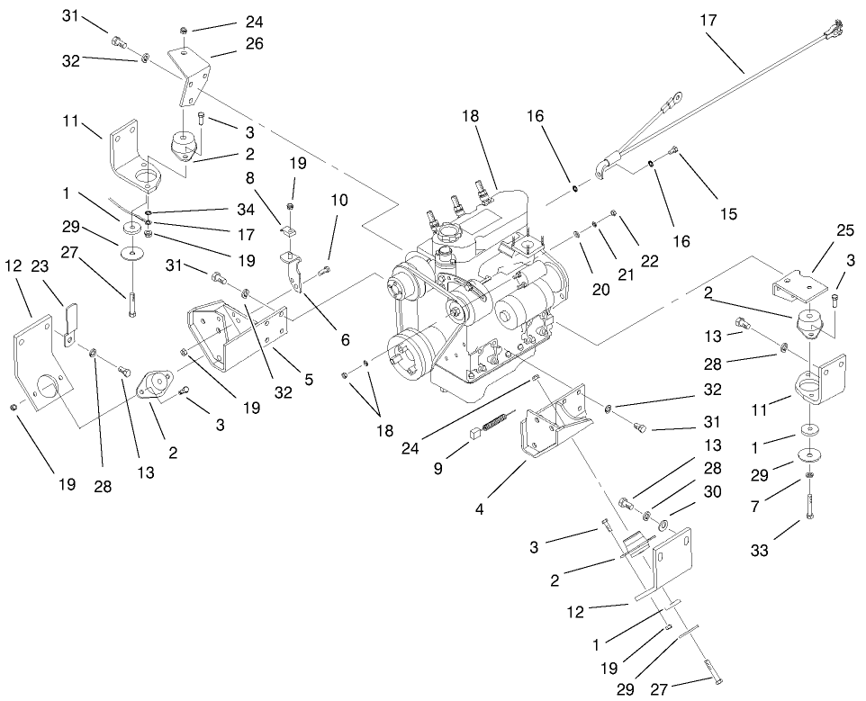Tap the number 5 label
310,380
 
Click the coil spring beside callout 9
498,421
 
